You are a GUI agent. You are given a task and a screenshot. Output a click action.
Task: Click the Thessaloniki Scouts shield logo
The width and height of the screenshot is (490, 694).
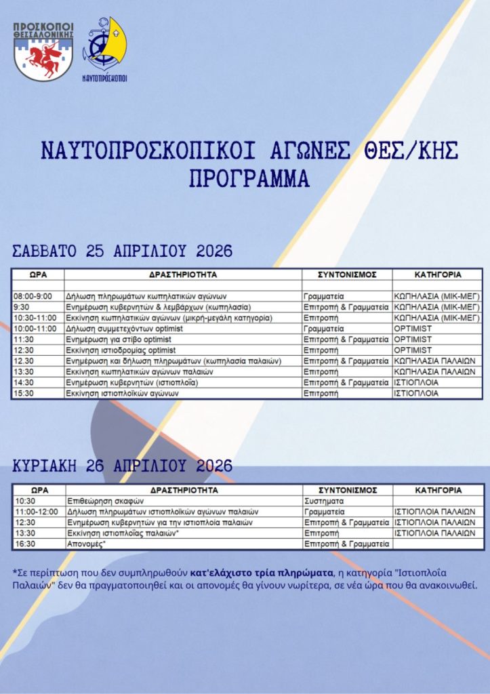click(43, 52)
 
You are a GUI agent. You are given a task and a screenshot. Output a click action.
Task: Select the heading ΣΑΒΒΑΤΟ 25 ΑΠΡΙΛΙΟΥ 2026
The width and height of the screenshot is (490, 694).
click(123, 251)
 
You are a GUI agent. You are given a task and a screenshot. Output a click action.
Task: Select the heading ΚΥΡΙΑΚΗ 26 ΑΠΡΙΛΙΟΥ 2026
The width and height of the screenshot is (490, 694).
click(123, 466)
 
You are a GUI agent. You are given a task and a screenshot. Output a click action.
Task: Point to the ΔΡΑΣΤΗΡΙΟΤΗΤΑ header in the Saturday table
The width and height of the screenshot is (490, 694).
click(183, 275)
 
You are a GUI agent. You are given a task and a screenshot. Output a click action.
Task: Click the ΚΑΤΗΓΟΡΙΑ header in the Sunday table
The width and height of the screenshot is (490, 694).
click(438, 490)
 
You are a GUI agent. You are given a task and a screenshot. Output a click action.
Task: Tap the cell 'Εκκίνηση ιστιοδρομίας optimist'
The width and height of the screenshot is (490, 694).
click(121, 350)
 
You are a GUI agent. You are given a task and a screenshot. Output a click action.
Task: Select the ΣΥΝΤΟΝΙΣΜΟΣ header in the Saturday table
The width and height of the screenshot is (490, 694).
click(346, 275)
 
